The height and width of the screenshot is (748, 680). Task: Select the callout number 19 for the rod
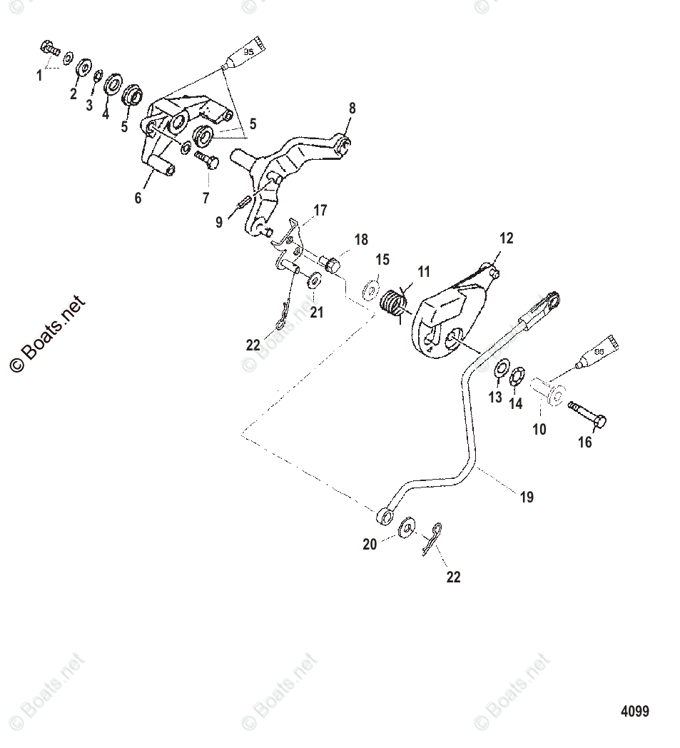(x=527, y=497)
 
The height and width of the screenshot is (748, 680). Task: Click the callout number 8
(x=351, y=108)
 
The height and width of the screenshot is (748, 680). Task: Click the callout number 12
(x=506, y=238)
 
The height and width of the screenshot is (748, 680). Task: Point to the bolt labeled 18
(x=330, y=263)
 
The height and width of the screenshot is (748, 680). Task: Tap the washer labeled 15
(x=370, y=290)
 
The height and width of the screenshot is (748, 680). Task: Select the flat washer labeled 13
(x=501, y=369)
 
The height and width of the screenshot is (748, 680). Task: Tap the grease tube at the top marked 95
(x=245, y=54)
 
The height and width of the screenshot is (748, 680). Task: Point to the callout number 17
(x=319, y=211)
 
